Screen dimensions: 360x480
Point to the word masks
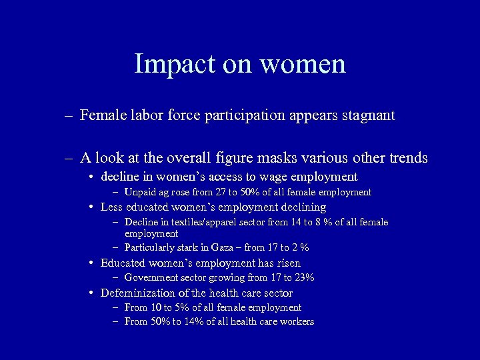coord(272,159)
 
